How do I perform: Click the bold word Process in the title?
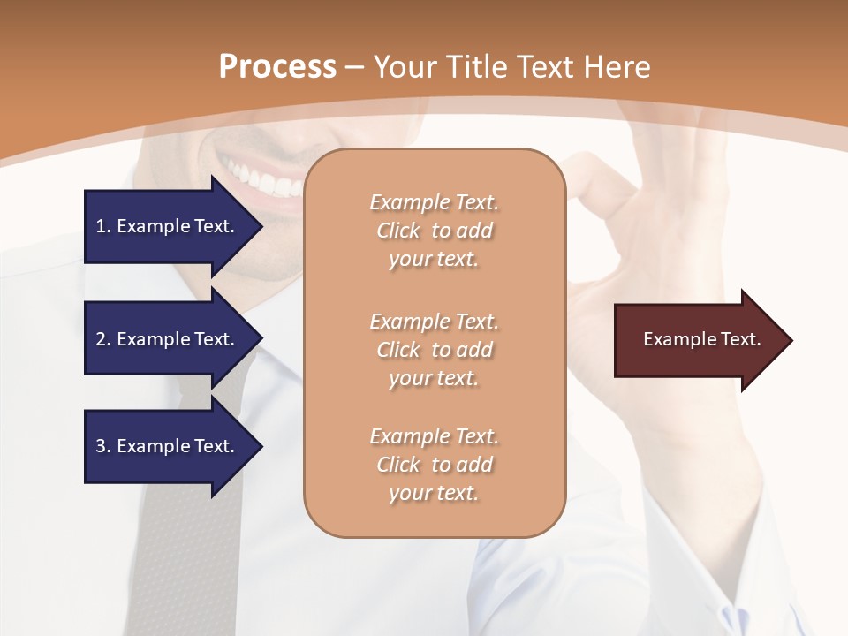pyautogui.click(x=277, y=67)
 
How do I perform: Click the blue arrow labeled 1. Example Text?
pyautogui.click(x=168, y=226)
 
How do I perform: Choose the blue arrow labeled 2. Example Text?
pyautogui.click(x=168, y=339)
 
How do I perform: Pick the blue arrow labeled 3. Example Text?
pyautogui.click(x=168, y=446)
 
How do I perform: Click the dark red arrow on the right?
pyautogui.click(x=698, y=340)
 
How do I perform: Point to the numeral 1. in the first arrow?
pyautogui.click(x=103, y=226)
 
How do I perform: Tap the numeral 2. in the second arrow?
pyautogui.click(x=103, y=339)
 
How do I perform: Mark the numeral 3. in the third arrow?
pyautogui.click(x=103, y=446)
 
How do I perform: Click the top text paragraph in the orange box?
pyautogui.click(x=434, y=231)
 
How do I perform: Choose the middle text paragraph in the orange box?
pyautogui.click(x=434, y=350)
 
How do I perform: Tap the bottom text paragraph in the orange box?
pyautogui.click(x=434, y=465)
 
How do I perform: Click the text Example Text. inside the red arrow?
pyautogui.click(x=701, y=339)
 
